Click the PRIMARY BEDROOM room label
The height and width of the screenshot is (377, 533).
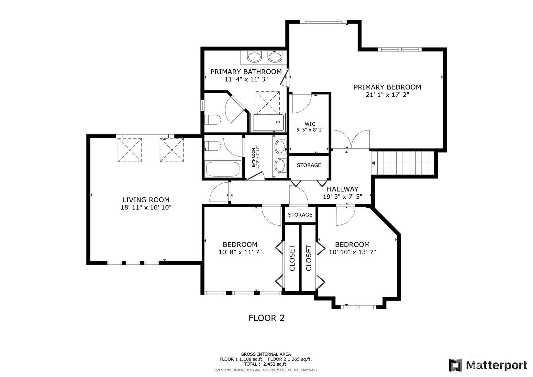click(x=387, y=87)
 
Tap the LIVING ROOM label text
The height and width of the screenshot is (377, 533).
click(x=146, y=200)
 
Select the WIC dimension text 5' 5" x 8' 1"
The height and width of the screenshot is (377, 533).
click(x=310, y=130)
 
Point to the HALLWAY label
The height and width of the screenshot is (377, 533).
click(x=342, y=189)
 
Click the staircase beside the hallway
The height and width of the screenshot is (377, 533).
click(x=403, y=163)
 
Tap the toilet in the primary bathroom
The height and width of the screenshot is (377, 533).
click(x=213, y=120)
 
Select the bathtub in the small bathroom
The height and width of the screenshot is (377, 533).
click(x=223, y=169)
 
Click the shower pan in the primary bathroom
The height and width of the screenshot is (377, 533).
click(x=268, y=122)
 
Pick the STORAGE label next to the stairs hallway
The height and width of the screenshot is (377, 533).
click(x=309, y=165)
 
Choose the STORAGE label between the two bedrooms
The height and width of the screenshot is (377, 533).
click(x=300, y=215)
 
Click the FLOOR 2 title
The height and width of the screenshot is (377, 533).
click(x=267, y=318)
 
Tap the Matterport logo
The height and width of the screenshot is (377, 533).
click(x=488, y=365)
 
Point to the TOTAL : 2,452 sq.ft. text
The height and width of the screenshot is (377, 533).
click(x=266, y=364)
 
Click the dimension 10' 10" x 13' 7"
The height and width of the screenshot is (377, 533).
click(x=352, y=252)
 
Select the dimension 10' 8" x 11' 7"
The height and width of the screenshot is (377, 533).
click(x=240, y=252)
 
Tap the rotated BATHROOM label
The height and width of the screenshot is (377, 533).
click(x=254, y=158)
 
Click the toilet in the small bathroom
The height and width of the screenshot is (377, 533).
click(x=213, y=146)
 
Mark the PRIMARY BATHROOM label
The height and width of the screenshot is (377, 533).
click(x=246, y=72)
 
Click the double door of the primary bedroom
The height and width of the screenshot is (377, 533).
click(x=351, y=140)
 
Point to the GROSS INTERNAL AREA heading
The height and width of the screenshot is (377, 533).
click(x=266, y=354)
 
